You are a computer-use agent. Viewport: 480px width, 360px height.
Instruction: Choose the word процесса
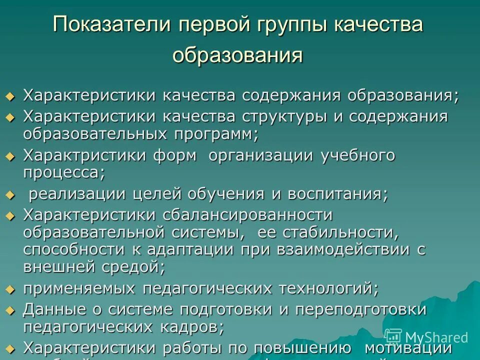pyautogui.click(x=64, y=173)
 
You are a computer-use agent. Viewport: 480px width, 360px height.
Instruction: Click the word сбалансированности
pyautogui.click(x=247, y=215)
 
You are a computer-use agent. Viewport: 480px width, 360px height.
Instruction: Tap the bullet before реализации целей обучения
pyautogui.click(x=11, y=194)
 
